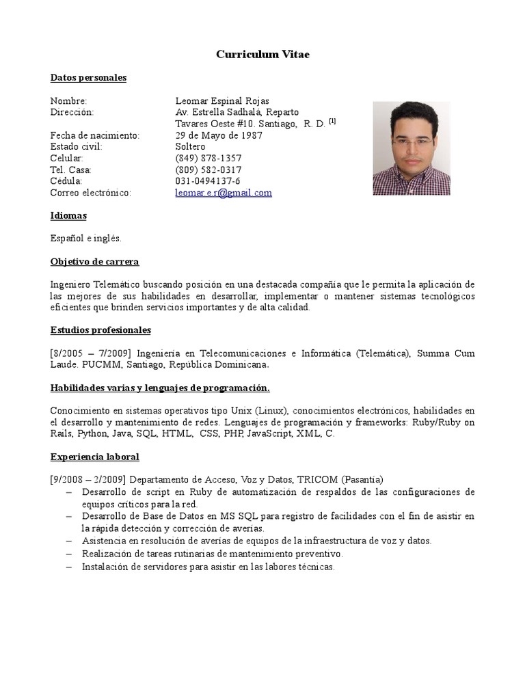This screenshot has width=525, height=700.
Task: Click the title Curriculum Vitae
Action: [x=262, y=54]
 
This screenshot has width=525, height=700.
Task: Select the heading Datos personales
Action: [x=88, y=78]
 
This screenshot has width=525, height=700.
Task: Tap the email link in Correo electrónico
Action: [x=224, y=193]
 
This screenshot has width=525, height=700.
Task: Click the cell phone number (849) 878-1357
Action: [x=208, y=158]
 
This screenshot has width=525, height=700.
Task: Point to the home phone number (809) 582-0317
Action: [x=208, y=170]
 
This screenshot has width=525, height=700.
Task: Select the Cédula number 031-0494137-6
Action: [x=208, y=181]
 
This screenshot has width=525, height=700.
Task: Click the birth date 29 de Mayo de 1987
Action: [x=219, y=135]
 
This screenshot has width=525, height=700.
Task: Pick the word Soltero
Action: [x=190, y=146]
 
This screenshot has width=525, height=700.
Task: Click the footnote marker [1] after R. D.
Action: [x=332, y=121]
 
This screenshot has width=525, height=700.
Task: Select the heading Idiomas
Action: [x=68, y=215]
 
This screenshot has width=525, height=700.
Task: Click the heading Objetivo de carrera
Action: [x=94, y=262]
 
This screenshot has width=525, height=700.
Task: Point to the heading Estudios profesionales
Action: [x=100, y=330]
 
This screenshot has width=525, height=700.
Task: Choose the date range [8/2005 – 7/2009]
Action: [x=91, y=353]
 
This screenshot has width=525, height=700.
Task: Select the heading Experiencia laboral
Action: [x=94, y=457]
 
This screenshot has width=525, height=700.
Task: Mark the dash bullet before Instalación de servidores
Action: [x=70, y=567]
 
